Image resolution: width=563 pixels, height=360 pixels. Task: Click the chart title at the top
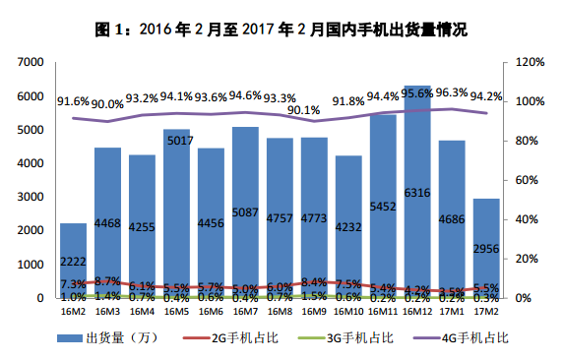click(x=281, y=29)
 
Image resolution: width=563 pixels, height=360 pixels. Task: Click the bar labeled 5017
click(x=176, y=216)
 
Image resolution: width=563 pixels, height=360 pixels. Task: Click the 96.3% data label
click(x=452, y=92)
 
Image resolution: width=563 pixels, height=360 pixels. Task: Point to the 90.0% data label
click(x=107, y=103)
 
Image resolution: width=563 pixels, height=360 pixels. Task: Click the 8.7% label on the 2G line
click(x=108, y=280)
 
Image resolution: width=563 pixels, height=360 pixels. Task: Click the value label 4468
click(x=107, y=224)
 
